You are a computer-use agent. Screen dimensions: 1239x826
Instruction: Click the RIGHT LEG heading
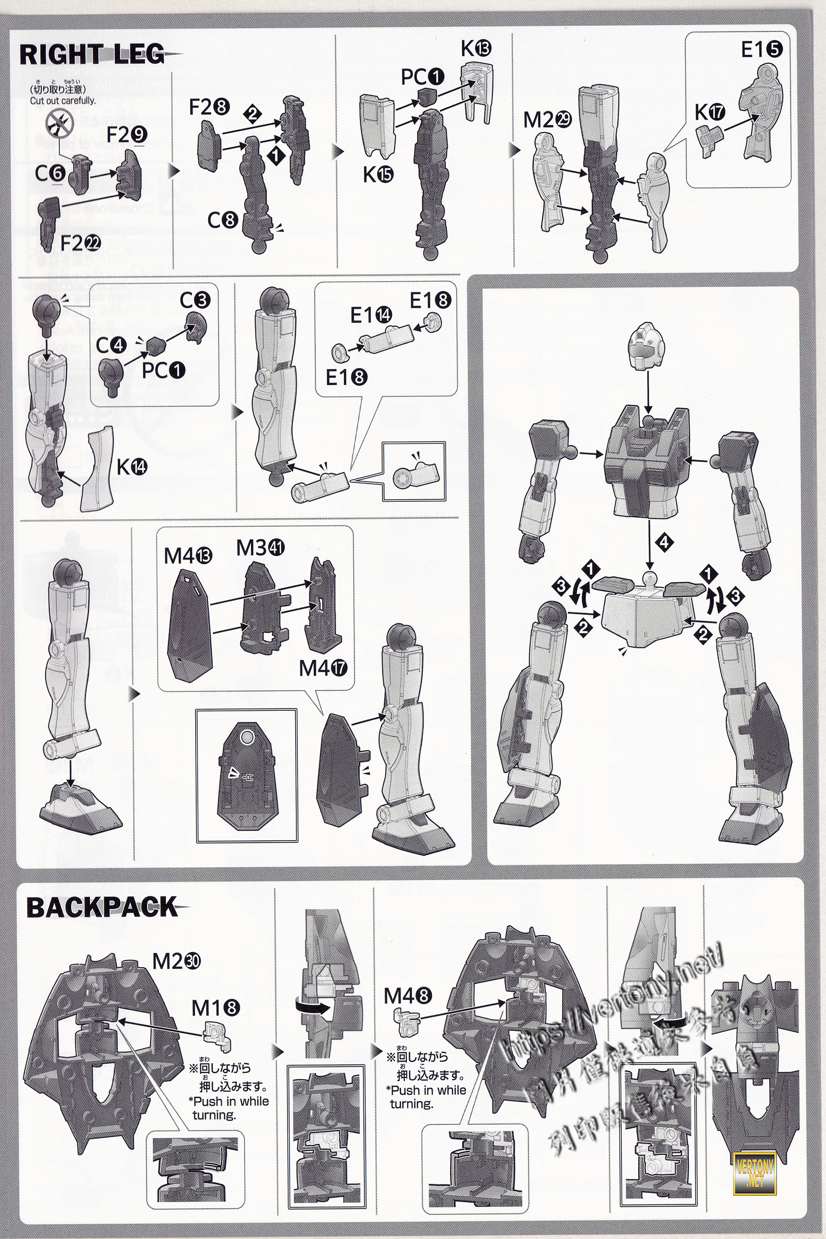tap(92, 55)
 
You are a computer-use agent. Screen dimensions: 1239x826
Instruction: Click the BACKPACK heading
tap(102, 907)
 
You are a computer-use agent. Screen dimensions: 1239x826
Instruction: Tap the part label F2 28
tap(209, 107)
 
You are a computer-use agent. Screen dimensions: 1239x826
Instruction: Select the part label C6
tap(50, 173)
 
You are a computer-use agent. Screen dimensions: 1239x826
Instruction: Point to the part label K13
tap(475, 49)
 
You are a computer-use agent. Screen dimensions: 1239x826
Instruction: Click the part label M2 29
tap(547, 120)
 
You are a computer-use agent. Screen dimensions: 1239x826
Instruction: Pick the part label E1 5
tap(761, 50)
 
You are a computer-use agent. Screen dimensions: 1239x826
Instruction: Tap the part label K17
tap(709, 112)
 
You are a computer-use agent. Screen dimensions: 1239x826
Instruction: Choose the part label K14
tap(132, 466)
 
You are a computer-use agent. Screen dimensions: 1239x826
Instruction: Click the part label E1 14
tap(371, 315)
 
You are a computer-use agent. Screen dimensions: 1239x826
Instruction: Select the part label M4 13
tap(188, 556)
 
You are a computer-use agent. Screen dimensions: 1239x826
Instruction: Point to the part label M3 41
tap(260, 548)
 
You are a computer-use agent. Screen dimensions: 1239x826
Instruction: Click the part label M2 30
tap(177, 961)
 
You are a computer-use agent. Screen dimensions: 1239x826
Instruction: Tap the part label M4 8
tap(408, 996)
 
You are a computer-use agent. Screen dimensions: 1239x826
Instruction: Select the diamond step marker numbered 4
tap(664, 542)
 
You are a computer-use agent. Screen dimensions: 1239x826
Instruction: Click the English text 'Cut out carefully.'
tap(62, 101)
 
